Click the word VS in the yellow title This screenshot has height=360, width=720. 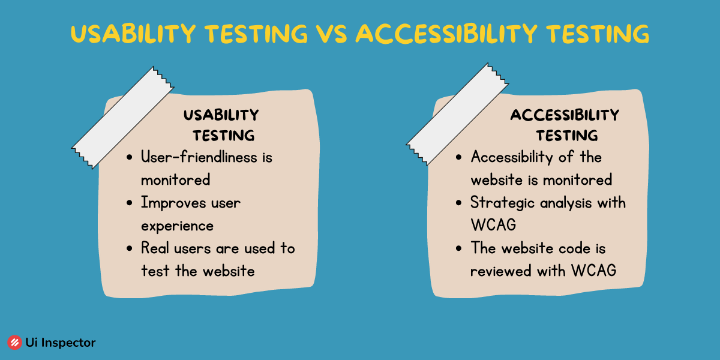pyautogui.click(x=331, y=34)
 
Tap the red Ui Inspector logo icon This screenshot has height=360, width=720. pyautogui.click(x=14, y=343)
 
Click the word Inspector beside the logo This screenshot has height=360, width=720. pyautogui.click(x=68, y=343)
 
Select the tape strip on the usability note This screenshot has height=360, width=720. pyautogui.click(x=122, y=118)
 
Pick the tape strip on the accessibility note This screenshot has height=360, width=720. pyautogui.click(x=457, y=114)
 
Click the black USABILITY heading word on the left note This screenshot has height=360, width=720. pyautogui.click(x=221, y=115)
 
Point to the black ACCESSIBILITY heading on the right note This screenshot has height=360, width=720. pyautogui.click(x=565, y=115)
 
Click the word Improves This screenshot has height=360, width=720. pyautogui.click(x=173, y=203)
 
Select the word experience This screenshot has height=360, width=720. pyautogui.click(x=177, y=226)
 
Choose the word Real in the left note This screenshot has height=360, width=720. pyautogui.click(x=155, y=248)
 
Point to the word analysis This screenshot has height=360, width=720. pyautogui.click(x=566, y=203)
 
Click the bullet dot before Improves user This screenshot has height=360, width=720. pyautogui.click(x=130, y=203)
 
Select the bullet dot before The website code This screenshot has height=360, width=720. pyautogui.click(x=458, y=248)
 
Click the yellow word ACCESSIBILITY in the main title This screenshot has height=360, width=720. pyautogui.click(x=446, y=34)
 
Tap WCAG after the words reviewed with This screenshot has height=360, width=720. pyautogui.click(x=593, y=271)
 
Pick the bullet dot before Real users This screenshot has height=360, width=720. pyautogui.click(x=130, y=248)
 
